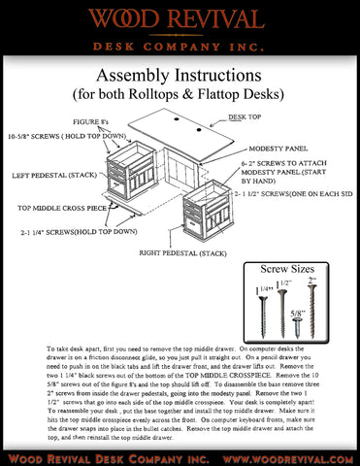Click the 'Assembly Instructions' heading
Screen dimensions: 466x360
tap(180, 76)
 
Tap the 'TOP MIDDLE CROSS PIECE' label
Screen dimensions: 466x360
tap(62, 208)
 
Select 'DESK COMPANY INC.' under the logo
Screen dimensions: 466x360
tap(180, 47)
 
